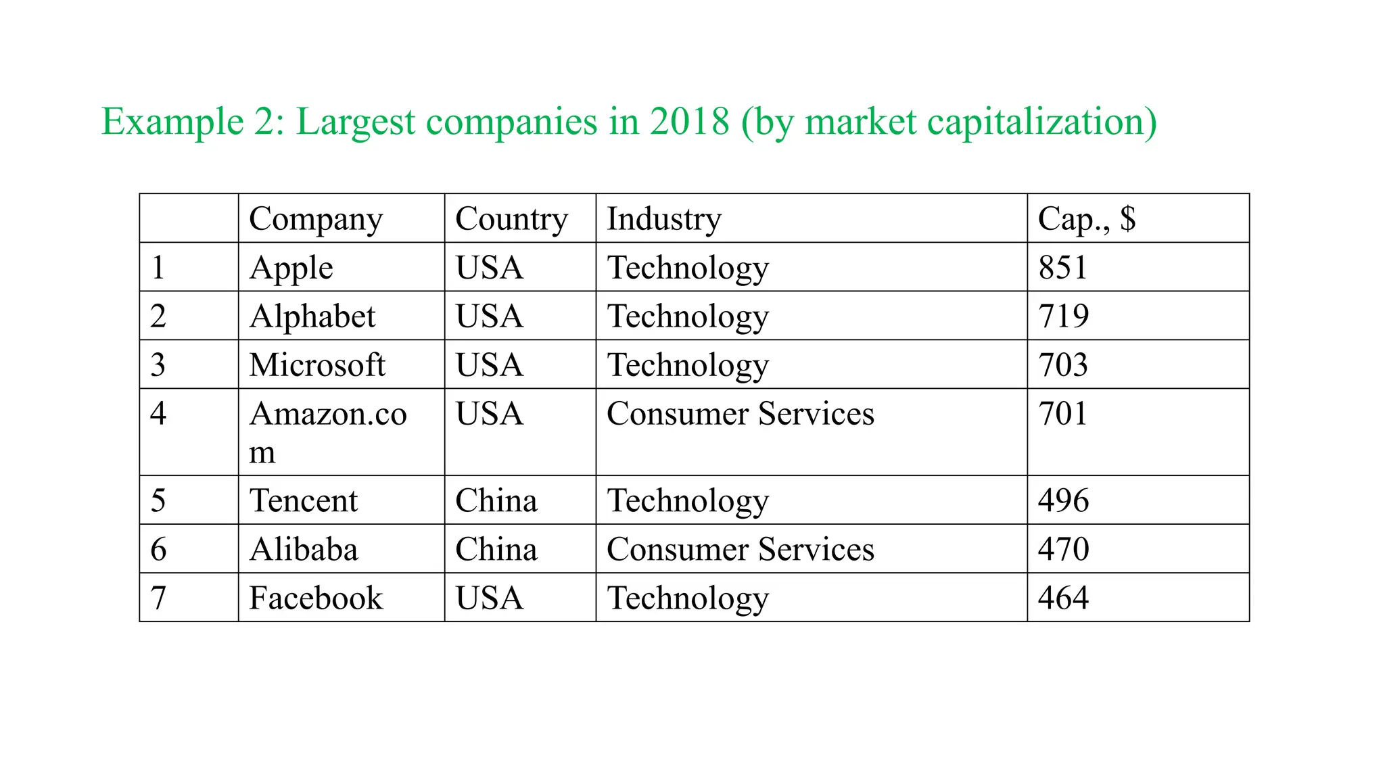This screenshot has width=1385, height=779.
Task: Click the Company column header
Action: coord(316,219)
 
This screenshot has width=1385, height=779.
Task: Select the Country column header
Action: coord(511,219)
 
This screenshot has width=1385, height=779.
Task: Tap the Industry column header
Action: coord(664,219)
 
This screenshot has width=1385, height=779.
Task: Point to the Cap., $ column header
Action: coord(1087,219)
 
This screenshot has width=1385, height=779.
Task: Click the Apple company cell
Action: coord(291,268)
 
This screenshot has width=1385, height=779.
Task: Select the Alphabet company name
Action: coord(312,316)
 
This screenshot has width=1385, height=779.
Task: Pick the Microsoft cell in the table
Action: coord(317,365)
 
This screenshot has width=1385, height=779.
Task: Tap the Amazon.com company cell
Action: coord(328,431)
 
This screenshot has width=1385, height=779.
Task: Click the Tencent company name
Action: coord(304,501)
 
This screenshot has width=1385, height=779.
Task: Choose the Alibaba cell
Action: coord(304,550)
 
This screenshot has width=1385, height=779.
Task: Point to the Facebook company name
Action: coord(316,598)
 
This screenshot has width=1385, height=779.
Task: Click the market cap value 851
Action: coord(1063,268)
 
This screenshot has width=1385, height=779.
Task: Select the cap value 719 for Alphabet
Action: coord(1063,316)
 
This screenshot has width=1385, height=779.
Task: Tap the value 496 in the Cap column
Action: coord(1063,501)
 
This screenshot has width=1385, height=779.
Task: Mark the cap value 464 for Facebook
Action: coord(1063,598)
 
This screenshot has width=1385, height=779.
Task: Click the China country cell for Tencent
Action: coord(496,501)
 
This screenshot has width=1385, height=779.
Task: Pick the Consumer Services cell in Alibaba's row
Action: coord(741,550)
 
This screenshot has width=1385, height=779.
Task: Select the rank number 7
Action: coord(158,598)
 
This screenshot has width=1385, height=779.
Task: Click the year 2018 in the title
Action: coord(689,122)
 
